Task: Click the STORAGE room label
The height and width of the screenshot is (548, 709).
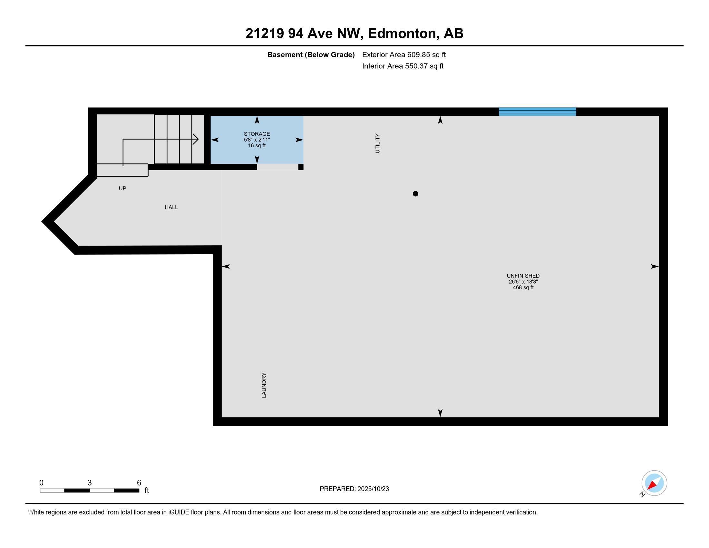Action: [257, 134]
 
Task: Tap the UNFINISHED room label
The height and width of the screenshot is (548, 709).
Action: [523, 276]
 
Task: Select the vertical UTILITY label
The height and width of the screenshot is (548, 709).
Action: [377, 143]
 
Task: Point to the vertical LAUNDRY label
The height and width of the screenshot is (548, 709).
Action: [264, 385]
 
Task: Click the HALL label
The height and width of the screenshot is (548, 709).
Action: [171, 207]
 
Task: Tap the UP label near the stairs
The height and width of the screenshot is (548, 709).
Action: [122, 188]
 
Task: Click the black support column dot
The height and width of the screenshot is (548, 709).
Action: [415, 194]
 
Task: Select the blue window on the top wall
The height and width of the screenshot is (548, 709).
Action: [537, 111]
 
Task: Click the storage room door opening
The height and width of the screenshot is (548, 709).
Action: [277, 167]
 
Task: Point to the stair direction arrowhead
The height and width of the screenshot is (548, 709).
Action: [196, 139]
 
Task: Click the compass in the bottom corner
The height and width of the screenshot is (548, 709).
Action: [654, 483]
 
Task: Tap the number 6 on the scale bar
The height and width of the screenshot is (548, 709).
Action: [139, 483]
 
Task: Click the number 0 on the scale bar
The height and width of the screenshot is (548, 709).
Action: [41, 483]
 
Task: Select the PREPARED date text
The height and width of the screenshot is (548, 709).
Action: [354, 489]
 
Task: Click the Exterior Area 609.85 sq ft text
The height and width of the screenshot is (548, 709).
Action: [404, 54]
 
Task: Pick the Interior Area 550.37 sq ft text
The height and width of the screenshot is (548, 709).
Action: [403, 66]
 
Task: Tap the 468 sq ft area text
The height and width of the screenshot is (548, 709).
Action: [523, 287]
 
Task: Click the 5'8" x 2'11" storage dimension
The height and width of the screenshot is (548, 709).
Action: [257, 140]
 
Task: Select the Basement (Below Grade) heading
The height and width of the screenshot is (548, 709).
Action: [311, 54]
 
